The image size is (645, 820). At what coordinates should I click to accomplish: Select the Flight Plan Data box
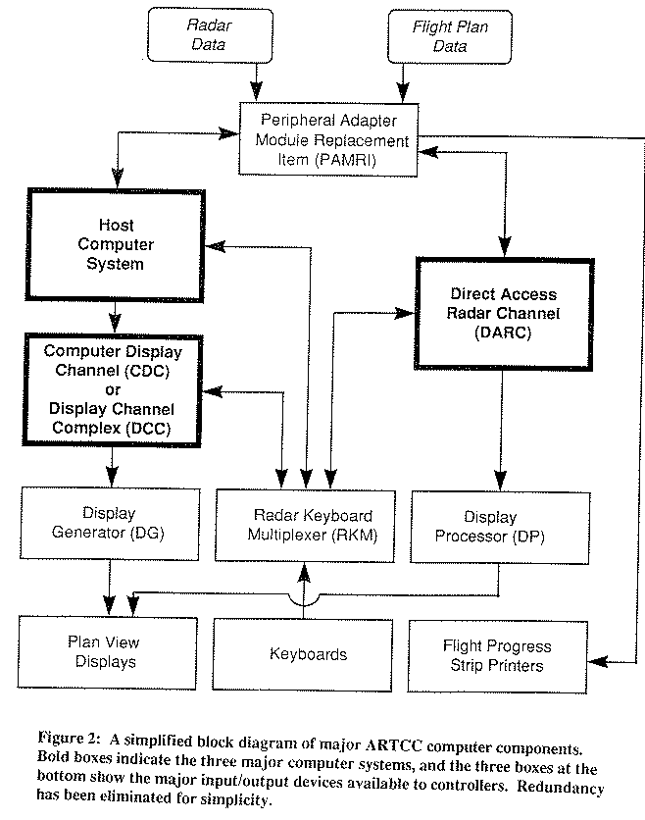click(x=440, y=34)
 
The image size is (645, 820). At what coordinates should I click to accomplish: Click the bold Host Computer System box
click(x=122, y=245)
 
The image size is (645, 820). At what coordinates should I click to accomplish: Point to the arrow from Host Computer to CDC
click(x=116, y=316)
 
